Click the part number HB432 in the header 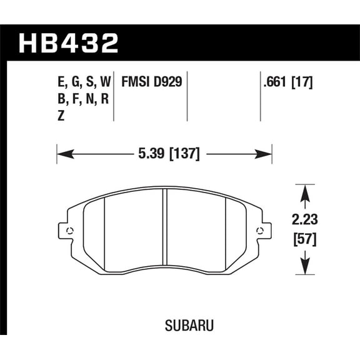[x=69, y=44]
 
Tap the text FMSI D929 [x=151, y=81]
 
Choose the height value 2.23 [x=304, y=219]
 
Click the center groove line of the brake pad [x=164, y=228]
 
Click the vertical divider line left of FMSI [x=114, y=97]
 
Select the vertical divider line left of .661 [x=260, y=97]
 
